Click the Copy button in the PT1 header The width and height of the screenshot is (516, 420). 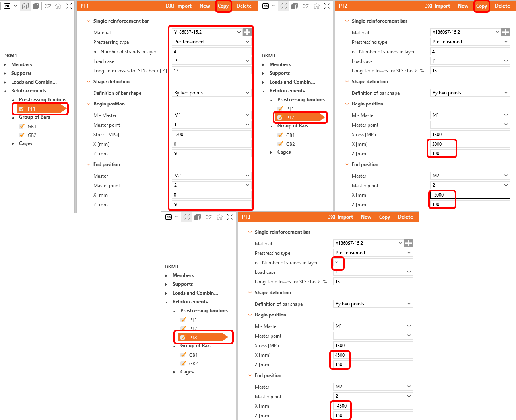coord(223,6)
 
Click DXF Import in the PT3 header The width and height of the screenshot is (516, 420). coord(340,217)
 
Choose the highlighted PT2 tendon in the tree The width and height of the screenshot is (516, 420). coord(300,118)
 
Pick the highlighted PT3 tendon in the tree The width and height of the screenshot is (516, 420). coord(203,337)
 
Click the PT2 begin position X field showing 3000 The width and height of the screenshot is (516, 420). coord(470,144)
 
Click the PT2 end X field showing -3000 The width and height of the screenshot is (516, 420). coord(470,195)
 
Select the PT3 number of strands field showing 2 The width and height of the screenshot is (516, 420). coord(373,262)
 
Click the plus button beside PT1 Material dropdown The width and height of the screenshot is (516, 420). coord(247,32)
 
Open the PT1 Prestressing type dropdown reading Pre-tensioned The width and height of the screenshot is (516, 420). coord(211,42)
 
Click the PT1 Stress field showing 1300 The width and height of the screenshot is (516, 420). coord(211,135)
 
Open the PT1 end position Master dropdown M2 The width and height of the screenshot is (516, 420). coord(211,176)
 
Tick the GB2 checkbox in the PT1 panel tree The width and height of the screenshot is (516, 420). coord(22,135)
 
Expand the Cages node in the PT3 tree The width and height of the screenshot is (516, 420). coord(174,372)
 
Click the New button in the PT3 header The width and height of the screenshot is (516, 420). coord(366,217)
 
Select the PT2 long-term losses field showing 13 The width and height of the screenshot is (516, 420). coord(470,70)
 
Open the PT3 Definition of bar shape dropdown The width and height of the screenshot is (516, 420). coord(373,304)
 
